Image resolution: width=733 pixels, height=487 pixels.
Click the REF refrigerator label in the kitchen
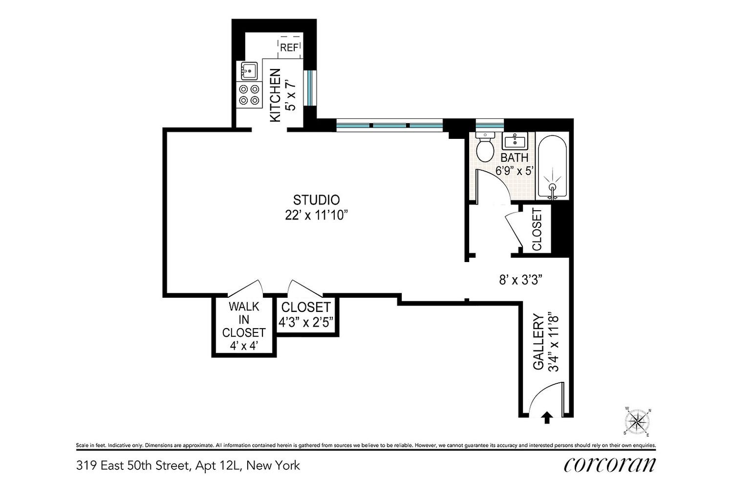289,48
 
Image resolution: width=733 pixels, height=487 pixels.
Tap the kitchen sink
249,70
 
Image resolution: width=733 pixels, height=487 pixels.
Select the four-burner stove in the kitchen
249,95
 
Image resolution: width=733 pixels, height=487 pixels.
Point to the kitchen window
310,88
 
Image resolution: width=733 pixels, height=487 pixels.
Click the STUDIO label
317,200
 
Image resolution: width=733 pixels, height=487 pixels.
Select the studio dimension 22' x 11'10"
316,216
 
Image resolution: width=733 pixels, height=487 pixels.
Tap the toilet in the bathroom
485,148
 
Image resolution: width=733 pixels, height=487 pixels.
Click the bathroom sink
515,141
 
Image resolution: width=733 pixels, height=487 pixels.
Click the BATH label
515,158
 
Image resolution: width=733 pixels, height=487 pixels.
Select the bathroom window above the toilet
489,126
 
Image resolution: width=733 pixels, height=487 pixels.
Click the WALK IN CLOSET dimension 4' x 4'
244,346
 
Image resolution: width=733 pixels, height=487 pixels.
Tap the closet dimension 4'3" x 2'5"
306,322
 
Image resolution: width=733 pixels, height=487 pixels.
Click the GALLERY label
539,342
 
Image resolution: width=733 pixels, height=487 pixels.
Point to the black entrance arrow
547,418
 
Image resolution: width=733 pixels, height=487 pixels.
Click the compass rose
637,422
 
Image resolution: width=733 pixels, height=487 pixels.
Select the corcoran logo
610,465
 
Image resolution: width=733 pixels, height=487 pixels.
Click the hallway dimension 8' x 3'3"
521,280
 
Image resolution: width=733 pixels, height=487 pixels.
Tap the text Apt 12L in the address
218,465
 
